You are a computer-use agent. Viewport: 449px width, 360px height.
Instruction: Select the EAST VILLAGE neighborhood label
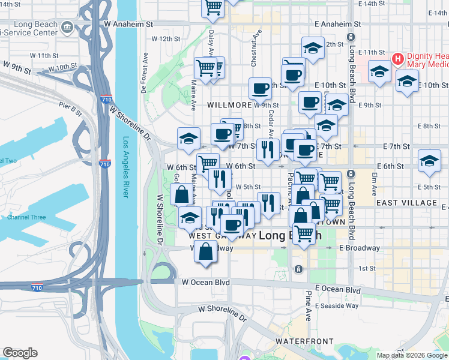[x=406, y=203]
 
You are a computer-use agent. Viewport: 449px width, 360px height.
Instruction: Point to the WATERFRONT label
[x=300, y=341]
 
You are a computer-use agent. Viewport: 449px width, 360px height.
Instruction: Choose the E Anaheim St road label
[x=338, y=24]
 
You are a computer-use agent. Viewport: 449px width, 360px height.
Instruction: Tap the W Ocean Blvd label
[x=206, y=281]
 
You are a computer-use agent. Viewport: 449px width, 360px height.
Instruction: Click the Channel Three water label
[x=26, y=217]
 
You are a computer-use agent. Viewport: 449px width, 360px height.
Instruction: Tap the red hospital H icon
[x=397, y=59]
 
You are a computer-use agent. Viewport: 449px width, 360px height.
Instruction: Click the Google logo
[x=20, y=353]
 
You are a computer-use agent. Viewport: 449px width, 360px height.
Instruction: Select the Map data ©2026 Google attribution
[x=412, y=355]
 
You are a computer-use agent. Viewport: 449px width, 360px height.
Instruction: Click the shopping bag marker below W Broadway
[x=205, y=251]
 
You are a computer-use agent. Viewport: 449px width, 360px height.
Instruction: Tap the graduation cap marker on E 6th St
[x=429, y=161]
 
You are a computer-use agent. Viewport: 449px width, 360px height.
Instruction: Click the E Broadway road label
[x=359, y=248]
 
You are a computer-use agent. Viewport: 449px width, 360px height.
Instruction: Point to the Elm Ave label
[x=374, y=185]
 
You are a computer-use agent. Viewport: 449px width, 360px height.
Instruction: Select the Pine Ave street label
[x=308, y=305]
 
